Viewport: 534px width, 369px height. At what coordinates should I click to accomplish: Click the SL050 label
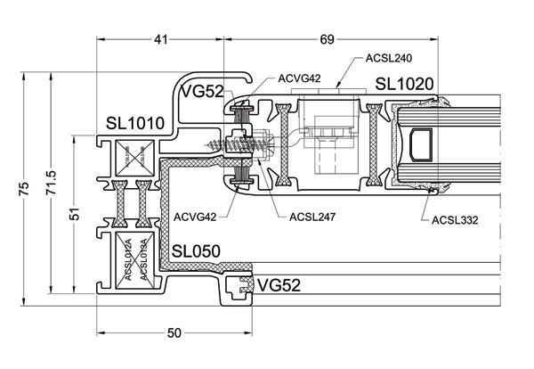pyautogui.click(x=198, y=252)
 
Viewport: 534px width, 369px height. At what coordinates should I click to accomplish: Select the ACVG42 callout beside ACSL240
pyautogui.click(x=298, y=78)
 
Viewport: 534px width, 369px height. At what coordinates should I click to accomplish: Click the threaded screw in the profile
pyautogui.click(x=223, y=143)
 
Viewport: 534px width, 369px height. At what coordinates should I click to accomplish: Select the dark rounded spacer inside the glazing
pyautogui.click(x=419, y=143)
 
